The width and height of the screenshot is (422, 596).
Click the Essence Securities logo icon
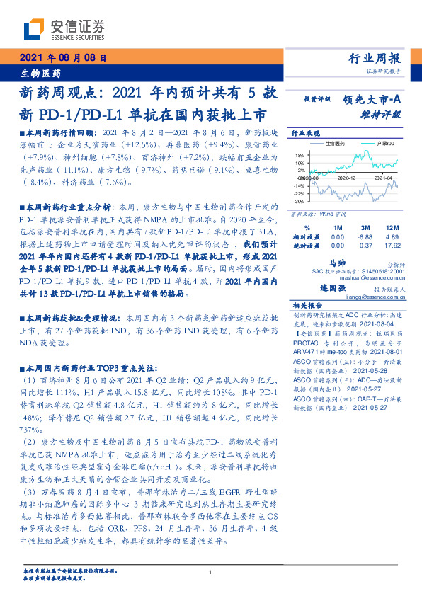pos(35,28)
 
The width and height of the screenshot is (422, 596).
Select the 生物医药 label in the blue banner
pos(40,73)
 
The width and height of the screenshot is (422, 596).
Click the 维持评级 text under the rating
pos(386,113)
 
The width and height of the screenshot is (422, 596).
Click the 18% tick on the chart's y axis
pos(300,154)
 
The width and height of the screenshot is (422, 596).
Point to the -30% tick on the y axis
pos(299,202)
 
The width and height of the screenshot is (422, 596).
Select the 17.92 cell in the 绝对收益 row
pos(393,246)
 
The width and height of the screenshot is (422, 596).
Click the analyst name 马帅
pos(337,263)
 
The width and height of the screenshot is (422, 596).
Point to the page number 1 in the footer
pos(211,572)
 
